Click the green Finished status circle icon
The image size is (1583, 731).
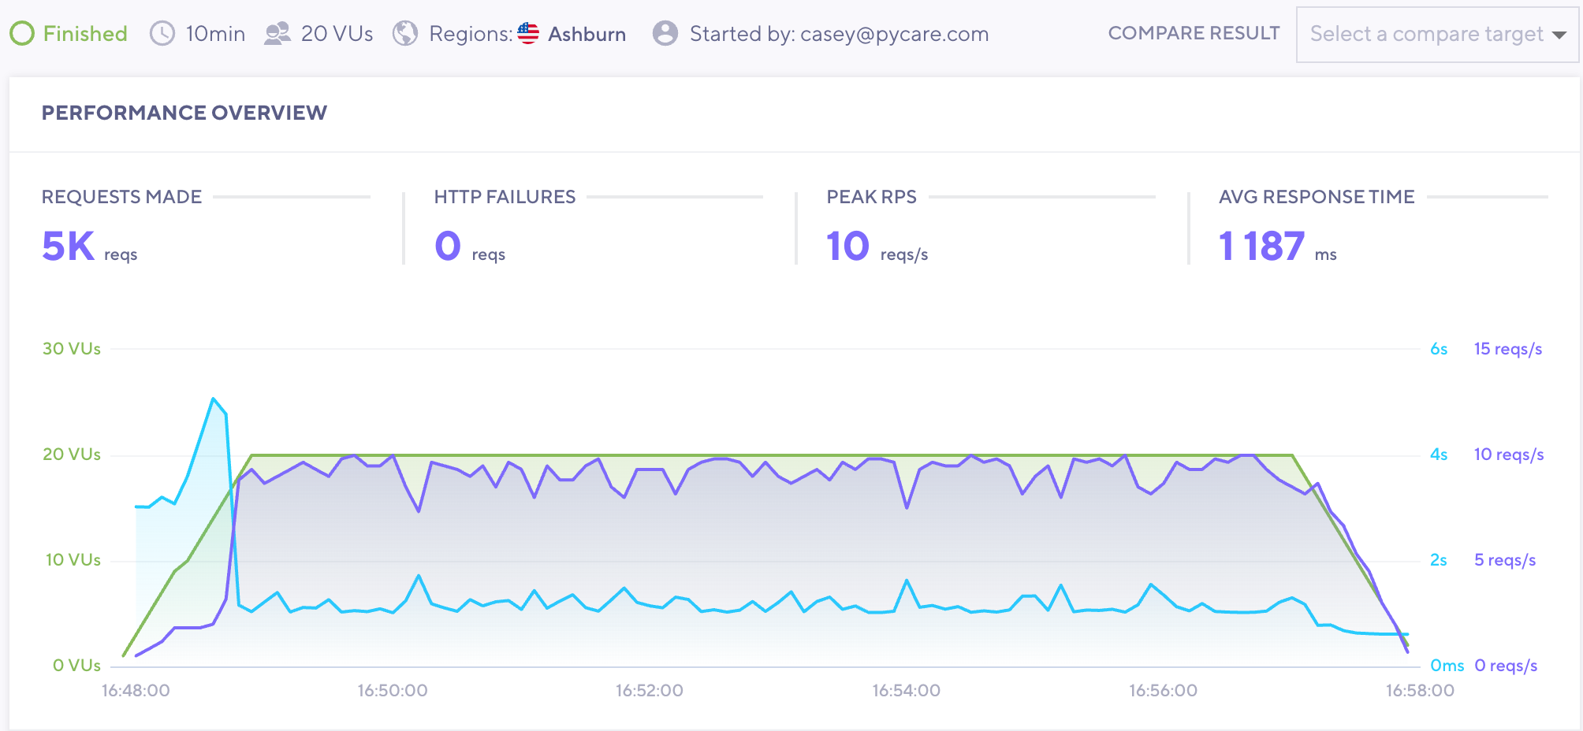click(x=22, y=34)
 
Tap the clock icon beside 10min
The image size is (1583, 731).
click(x=162, y=34)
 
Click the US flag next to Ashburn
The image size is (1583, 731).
click(x=528, y=34)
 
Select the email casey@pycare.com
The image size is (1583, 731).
click(x=894, y=35)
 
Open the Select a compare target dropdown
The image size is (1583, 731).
click(x=1437, y=35)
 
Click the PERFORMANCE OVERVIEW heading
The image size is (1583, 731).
click(x=184, y=113)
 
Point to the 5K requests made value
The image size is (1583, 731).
click(x=69, y=247)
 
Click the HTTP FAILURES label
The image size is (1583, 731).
click(x=505, y=197)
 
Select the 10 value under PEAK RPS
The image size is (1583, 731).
click(x=847, y=247)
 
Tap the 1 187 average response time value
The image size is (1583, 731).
click(x=1261, y=247)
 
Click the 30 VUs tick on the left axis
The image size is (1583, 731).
click(x=72, y=349)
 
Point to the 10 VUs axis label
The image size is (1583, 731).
click(x=73, y=560)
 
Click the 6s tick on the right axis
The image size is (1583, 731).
click(x=1439, y=349)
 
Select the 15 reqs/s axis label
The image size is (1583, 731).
click(x=1507, y=349)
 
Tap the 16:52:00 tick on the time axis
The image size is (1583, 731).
click(x=650, y=691)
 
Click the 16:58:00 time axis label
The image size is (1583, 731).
click(x=1420, y=691)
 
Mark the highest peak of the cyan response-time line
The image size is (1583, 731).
click(x=213, y=399)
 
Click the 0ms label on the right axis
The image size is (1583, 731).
click(x=1447, y=666)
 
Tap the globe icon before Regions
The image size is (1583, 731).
click(x=405, y=34)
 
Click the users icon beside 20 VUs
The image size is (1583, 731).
click(x=277, y=34)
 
